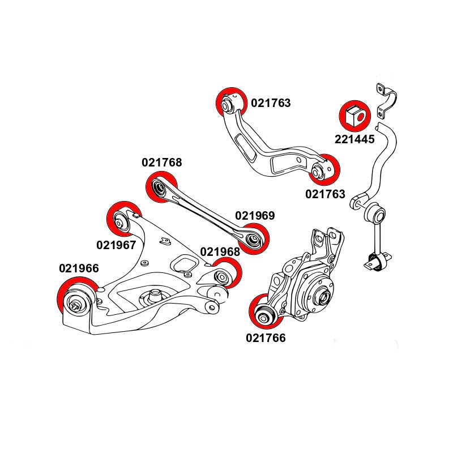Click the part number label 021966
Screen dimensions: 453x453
click(x=78, y=268)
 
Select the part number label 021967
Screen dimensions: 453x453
click(x=116, y=245)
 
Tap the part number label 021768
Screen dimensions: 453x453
click(x=162, y=163)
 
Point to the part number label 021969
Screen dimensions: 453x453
click(x=255, y=216)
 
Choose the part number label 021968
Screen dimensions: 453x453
click(x=220, y=251)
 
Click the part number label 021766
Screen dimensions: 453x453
click(x=266, y=338)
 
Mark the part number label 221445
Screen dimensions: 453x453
click(x=354, y=139)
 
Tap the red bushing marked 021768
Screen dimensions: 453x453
click(x=161, y=187)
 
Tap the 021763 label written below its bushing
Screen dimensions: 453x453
click(x=325, y=194)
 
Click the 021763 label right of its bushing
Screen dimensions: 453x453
click(x=271, y=103)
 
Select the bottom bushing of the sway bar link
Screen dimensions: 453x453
click(x=378, y=262)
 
